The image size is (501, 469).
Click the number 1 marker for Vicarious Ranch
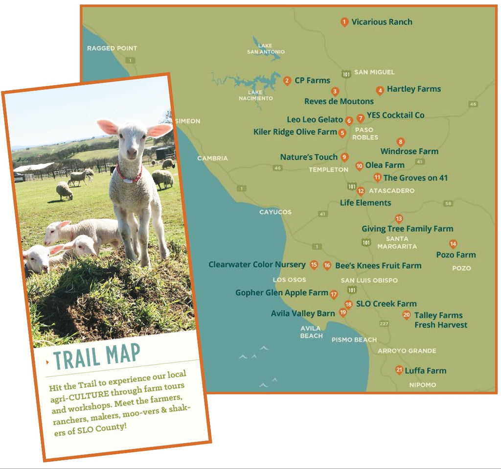344,22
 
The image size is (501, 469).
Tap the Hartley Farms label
413,89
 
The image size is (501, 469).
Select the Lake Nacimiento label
255,95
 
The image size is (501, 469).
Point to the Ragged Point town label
112,48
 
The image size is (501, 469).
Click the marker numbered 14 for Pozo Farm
453,244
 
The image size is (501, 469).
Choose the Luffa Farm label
425,371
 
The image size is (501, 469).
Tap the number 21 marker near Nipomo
399,370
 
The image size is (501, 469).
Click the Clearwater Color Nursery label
257,264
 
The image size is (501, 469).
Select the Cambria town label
212,158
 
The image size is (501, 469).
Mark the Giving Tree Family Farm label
407,229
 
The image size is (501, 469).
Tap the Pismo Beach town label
354,339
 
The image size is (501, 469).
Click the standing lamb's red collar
130,175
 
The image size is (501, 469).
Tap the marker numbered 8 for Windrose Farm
401,142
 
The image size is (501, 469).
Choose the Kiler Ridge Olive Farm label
295,132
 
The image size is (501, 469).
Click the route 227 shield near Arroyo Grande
384,324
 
